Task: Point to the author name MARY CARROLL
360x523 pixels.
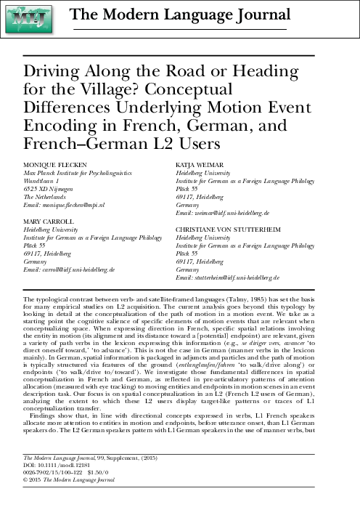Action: tap(48, 220)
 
